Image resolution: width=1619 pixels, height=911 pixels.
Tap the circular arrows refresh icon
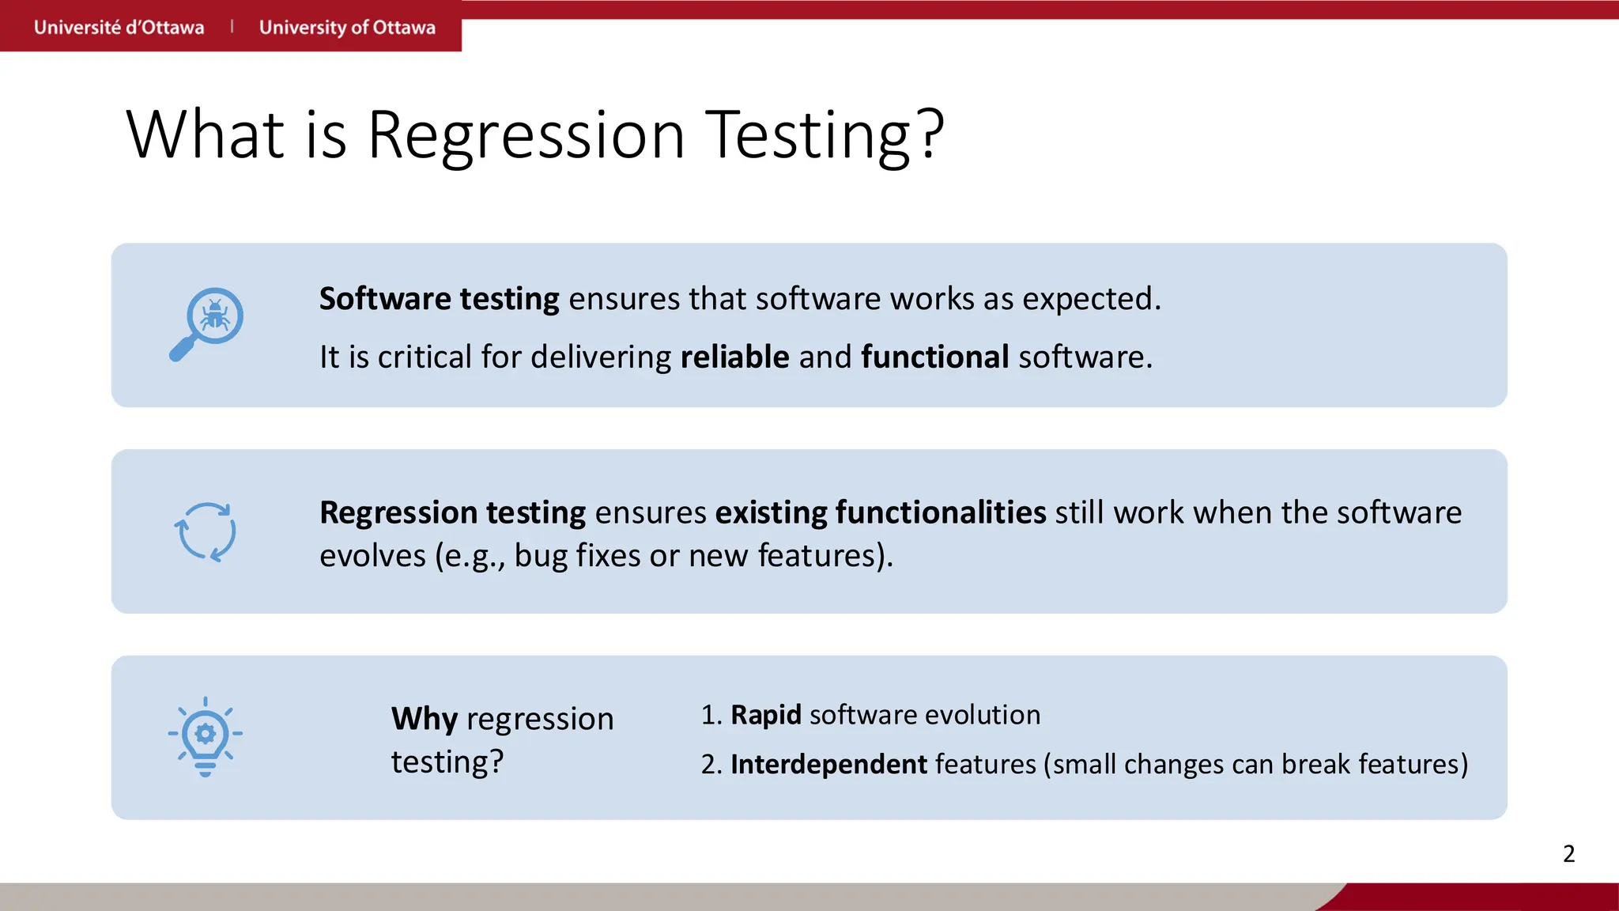[x=205, y=532]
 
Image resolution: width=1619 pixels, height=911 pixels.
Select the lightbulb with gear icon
[x=205, y=736]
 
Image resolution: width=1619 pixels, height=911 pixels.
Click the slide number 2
[x=1568, y=853]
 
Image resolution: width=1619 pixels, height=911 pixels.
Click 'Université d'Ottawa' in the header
[x=119, y=28]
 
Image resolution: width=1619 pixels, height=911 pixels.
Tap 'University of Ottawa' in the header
[x=347, y=28]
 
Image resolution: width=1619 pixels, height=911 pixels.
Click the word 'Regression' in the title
[x=526, y=135]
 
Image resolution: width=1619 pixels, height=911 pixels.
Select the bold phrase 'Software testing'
[x=439, y=299]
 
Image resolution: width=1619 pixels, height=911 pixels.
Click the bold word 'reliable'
[x=734, y=357]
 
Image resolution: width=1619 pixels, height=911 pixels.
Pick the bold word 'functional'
[x=934, y=357]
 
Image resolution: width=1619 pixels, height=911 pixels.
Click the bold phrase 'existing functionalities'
[x=881, y=512]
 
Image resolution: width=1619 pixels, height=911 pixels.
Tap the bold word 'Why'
[x=425, y=719]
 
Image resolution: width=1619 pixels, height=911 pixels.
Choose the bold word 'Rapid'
[x=765, y=715]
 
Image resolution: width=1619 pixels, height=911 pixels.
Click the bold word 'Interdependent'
[x=828, y=765]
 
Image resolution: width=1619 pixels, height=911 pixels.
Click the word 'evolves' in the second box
[x=372, y=556]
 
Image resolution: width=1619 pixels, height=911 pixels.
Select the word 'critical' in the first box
[x=425, y=357]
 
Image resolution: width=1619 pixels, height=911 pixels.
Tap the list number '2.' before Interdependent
[x=711, y=765]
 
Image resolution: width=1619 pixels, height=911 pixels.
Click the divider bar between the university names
[x=232, y=27]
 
